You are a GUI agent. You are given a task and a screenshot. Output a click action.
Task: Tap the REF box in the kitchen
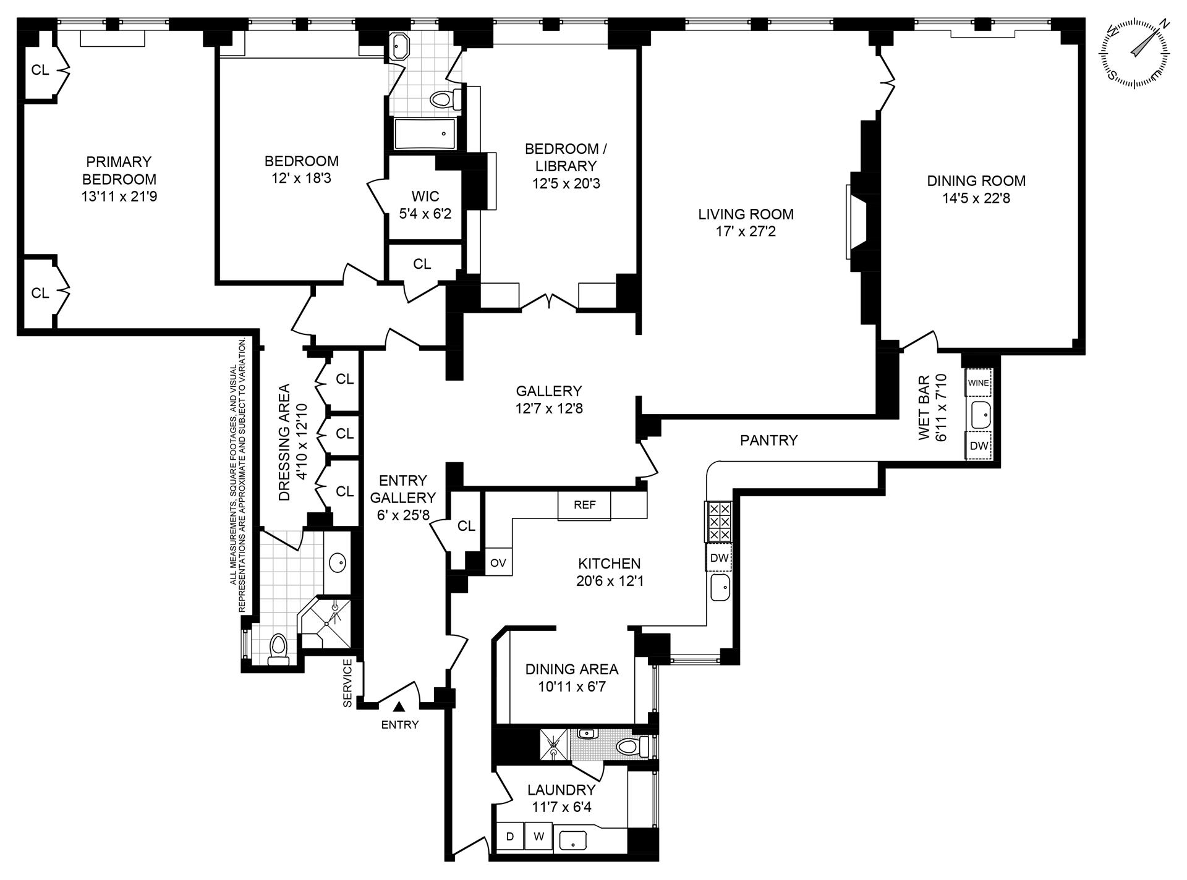click(x=584, y=505)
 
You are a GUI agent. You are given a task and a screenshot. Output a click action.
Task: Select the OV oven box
click(x=498, y=563)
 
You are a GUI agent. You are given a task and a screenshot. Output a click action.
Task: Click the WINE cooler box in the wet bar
click(x=979, y=383)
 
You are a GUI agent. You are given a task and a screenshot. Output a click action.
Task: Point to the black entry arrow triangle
click(x=400, y=706)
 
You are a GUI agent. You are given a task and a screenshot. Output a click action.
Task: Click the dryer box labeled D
click(x=510, y=837)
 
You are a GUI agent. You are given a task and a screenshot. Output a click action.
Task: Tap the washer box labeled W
click(x=539, y=837)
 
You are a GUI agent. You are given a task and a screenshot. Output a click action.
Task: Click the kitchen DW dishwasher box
click(x=719, y=558)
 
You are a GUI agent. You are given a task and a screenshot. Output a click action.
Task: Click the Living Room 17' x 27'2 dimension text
click(x=746, y=232)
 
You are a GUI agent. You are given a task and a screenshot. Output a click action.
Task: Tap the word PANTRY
click(x=768, y=440)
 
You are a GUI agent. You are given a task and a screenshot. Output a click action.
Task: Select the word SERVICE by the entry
click(x=347, y=683)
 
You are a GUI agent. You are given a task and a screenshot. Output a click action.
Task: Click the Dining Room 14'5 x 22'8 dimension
click(x=976, y=198)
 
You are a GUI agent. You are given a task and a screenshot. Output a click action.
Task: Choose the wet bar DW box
click(x=979, y=446)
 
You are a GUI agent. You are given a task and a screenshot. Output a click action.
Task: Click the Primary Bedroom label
click(x=119, y=171)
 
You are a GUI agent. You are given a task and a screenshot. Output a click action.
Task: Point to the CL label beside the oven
click(x=466, y=526)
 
